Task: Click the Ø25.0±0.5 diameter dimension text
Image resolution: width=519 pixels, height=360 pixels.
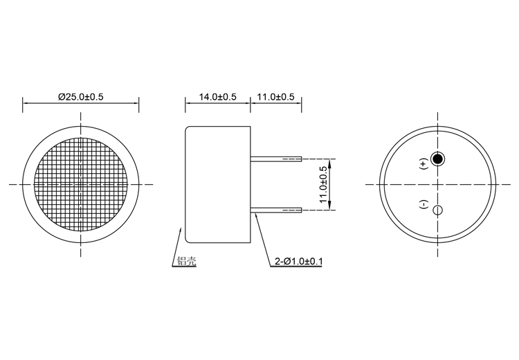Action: coord(81,97)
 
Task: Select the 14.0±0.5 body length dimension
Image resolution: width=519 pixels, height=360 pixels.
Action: coord(217,97)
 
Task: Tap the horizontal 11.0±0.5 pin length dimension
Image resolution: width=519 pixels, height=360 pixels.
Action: coord(276,97)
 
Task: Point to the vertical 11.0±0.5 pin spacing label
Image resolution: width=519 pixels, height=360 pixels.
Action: coord(322,184)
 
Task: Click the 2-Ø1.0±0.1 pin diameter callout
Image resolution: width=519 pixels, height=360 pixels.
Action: coord(299,262)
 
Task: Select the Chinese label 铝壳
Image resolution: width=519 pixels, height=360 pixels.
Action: coord(186,262)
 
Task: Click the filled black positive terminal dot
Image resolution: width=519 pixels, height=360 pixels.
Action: coord(437,159)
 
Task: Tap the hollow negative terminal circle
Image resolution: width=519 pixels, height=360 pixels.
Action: coord(437,210)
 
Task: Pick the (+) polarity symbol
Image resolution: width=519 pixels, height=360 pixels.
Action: coord(424,164)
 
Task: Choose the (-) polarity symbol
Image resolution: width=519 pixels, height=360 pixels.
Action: coord(424,205)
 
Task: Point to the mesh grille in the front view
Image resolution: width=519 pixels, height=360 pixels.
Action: coord(82,184)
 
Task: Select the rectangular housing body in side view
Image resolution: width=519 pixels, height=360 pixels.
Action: coord(217,184)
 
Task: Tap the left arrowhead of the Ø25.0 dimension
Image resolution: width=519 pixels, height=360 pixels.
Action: coord(26,106)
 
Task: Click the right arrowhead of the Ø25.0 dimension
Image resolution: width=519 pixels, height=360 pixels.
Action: coord(137,106)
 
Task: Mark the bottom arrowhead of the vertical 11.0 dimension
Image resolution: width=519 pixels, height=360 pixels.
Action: coord(331,207)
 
